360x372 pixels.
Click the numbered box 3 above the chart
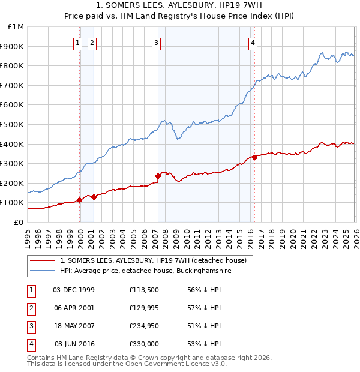pyautogui.click(x=156, y=43)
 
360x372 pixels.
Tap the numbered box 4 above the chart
pyautogui.click(x=253, y=43)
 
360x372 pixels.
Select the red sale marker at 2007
pyautogui.click(x=158, y=176)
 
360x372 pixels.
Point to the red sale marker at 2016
pyautogui.click(x=254, y=157)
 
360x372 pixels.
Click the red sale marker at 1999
pyautogui.click(x=79, y=200)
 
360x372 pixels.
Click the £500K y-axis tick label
pyautogui.click(x=13, y=124)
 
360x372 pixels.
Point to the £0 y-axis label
pyautogui.click(x=18, y=222)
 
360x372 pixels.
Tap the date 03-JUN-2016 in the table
pyautogui.click(x=74, y=344)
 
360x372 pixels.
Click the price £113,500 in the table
pyautogui.click(x=144, y=290)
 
